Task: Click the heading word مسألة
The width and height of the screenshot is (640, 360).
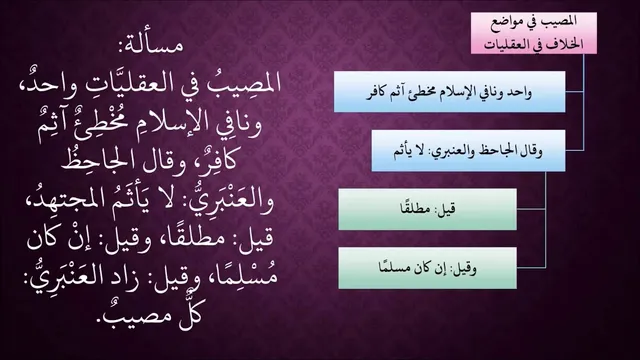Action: (151, 45)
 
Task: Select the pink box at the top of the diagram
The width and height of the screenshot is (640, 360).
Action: (533, 33)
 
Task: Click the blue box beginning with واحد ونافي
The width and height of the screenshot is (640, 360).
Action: (449, 91)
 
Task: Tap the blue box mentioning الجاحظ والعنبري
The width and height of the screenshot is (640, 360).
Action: (468, 151)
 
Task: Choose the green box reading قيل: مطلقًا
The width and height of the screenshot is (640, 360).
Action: (427, 209)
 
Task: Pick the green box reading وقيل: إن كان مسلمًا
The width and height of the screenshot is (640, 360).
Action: (427, 268)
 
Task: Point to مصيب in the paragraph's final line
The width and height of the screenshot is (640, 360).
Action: (138, 315)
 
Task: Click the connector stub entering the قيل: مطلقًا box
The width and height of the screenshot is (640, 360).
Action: (531, 209)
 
